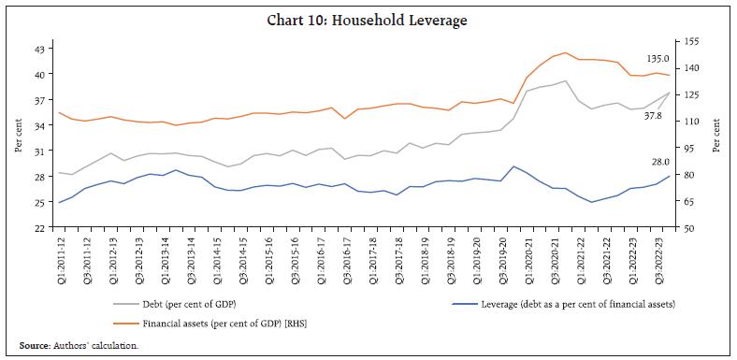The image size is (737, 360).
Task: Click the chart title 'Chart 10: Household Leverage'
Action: point(368,17)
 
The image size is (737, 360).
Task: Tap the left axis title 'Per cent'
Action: point(17,136)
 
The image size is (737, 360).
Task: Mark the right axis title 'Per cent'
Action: point(717,136)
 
